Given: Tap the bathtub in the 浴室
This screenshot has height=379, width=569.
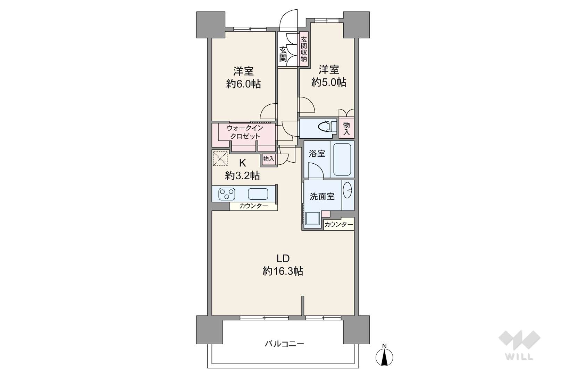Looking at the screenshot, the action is point(342,159).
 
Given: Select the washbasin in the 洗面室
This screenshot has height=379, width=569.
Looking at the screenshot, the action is point(348,190).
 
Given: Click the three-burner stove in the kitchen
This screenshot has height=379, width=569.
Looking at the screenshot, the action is point(227,194).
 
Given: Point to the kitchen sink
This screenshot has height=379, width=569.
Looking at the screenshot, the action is point(258,194).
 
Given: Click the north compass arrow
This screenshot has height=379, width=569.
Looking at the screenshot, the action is point(384,357).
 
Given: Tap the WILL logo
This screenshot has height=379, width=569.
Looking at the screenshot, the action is point(519,345).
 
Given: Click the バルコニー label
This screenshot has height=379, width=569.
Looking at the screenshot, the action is point(284,344).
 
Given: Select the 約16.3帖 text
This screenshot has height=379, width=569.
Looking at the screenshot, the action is point(283,272).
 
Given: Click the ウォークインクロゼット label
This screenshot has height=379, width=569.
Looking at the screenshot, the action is point(245,132).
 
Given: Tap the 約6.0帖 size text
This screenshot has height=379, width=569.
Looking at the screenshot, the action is point(244,84).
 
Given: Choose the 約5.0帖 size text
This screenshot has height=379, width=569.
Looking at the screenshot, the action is point(329,82).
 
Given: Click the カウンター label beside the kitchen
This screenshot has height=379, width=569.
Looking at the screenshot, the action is point(253,206).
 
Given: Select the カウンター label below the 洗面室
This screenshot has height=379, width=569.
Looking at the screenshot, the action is point(338,224).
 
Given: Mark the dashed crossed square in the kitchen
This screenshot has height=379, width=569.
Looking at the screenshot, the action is point(220,158).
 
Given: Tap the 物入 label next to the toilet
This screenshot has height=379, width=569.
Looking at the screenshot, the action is point(346,129).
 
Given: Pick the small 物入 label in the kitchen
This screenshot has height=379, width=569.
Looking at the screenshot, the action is point(269,159).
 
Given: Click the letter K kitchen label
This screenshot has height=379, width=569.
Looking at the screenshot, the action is point(243,163).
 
